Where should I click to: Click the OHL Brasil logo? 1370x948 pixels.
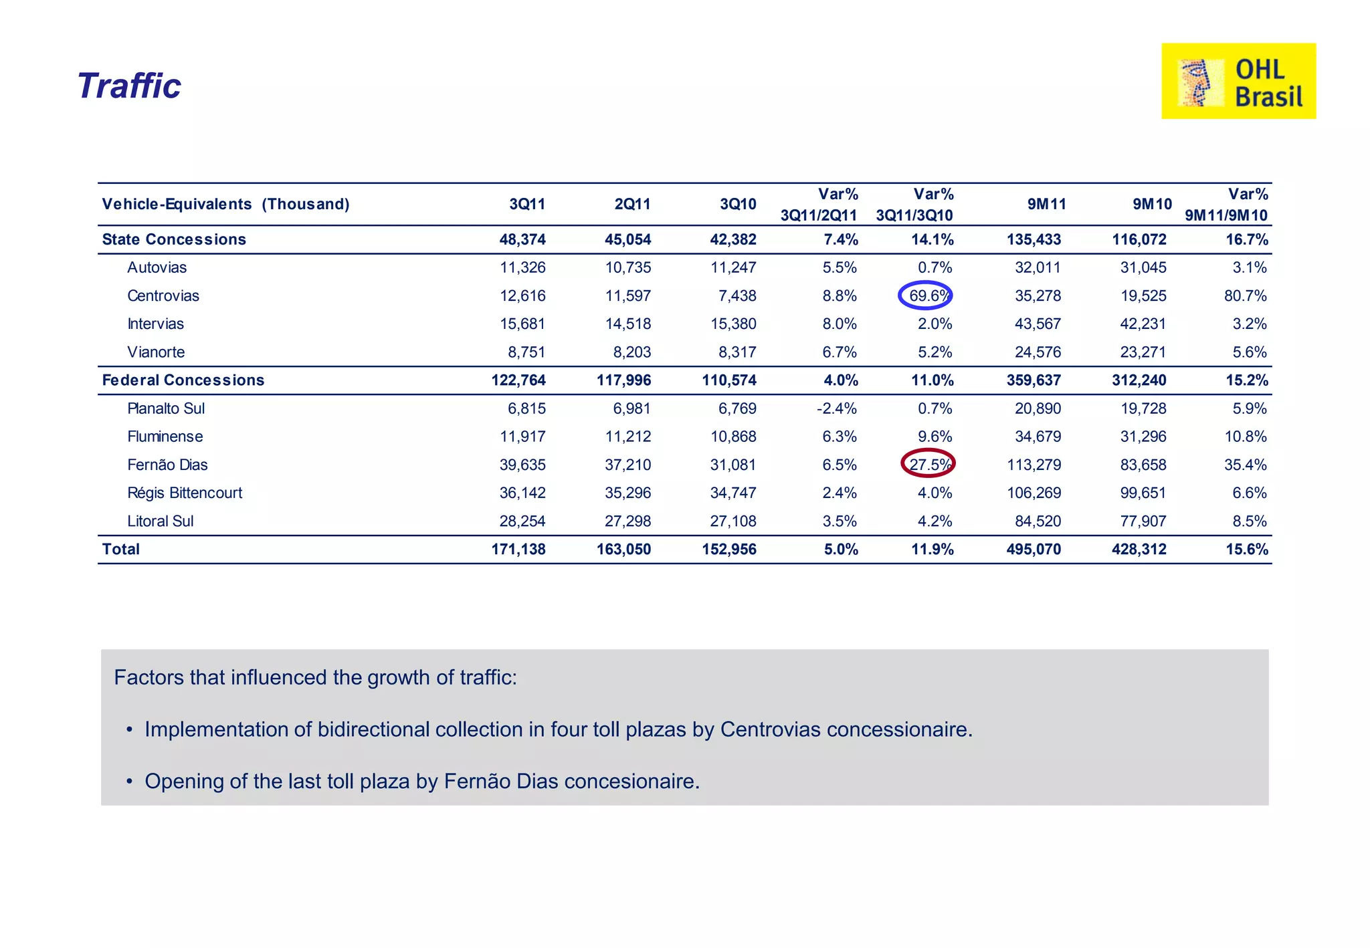click(x=1238, y=81)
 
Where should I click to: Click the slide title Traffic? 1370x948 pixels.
click(x=129, y=86)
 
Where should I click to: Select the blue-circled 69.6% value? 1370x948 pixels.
click(x=926, y=295)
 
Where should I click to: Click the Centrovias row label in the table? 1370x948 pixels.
click(x=163, y=295)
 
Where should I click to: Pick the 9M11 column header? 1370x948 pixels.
click(x=1046, y=204)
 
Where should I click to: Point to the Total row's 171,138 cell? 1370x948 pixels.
click(x=518, y=550)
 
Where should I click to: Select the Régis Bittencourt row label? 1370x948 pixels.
click(x=185, y=493)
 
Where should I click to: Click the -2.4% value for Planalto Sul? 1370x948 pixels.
click(x=837, y=408)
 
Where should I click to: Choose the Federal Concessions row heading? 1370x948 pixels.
click(x=183, y=380)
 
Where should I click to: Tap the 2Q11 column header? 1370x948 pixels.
click(x=632, y=204)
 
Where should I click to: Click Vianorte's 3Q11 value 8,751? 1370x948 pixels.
click(x=526, y=352)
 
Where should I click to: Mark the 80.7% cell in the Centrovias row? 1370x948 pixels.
click(x=1245, y=295)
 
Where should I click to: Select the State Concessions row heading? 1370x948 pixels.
click(x=174, y=239)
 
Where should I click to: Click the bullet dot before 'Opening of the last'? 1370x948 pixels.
click(x=129, y=782)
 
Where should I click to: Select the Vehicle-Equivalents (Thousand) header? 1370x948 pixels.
click(x=225, y=204)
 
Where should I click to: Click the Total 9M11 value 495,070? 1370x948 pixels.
click(x=1034, y=550)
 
